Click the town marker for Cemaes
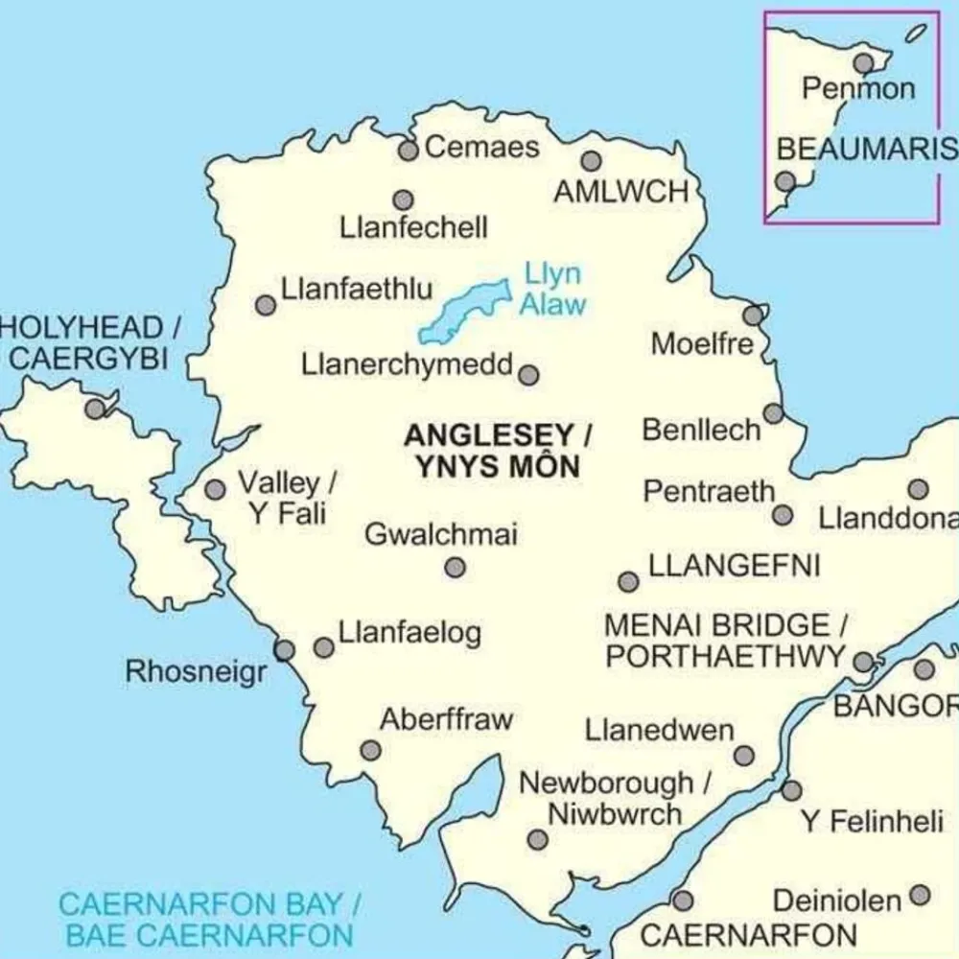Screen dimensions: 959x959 coord(409,151)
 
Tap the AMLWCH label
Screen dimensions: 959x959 coord(621,192)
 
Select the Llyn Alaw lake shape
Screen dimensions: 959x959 coord(462,311)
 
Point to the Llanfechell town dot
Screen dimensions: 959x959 coord(404,199)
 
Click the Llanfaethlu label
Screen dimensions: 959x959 coord(357,289)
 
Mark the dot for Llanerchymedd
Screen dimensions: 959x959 coord(528,374)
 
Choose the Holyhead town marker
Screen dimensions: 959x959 coord(95,409)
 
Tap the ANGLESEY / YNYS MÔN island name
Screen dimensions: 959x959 coord(497,451)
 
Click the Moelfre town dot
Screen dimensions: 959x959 coord(754,315)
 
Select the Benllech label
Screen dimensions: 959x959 coord(701,431)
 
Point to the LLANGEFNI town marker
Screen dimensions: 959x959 coord(628,582)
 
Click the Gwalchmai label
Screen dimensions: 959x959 coord(440,534)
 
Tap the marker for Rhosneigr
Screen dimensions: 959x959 coord(284,650)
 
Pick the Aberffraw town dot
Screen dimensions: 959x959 coord(370,750)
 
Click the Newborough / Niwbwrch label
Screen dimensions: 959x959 coord(615,799)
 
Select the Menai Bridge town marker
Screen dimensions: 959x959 coord(863,662)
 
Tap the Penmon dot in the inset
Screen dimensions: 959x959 coord(865,63)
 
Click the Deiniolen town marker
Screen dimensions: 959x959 coord(920,896)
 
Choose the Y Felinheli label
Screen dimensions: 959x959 coord(873,822)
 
